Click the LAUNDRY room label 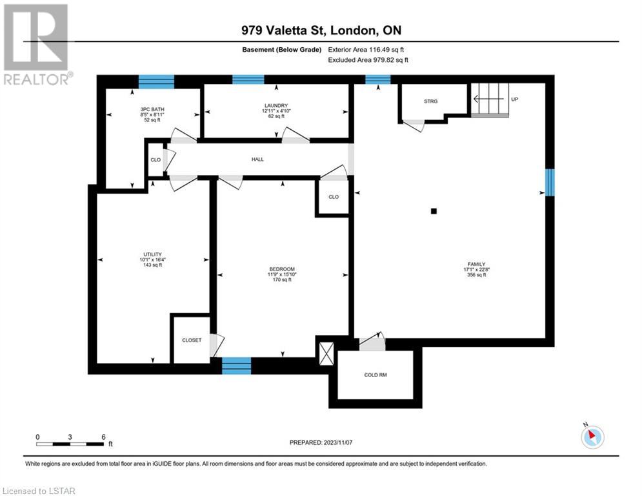point(276,106)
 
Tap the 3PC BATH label point(152,109)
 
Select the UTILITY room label point(152,254)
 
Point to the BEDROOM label point(282,269)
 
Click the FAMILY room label point(477,264)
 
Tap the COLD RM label point(376,375)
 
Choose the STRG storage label point(431,101)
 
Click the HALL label point(257,160)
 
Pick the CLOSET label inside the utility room point(192,340)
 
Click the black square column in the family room point(434,211)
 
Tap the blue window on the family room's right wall point(550,182)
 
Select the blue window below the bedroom point(237,366)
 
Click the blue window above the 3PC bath point(156,81)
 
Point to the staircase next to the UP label point(490,100)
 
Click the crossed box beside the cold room point(326,354)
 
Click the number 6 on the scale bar point(104,437)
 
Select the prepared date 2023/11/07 point(338,442)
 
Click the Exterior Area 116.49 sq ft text point(366,50)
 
